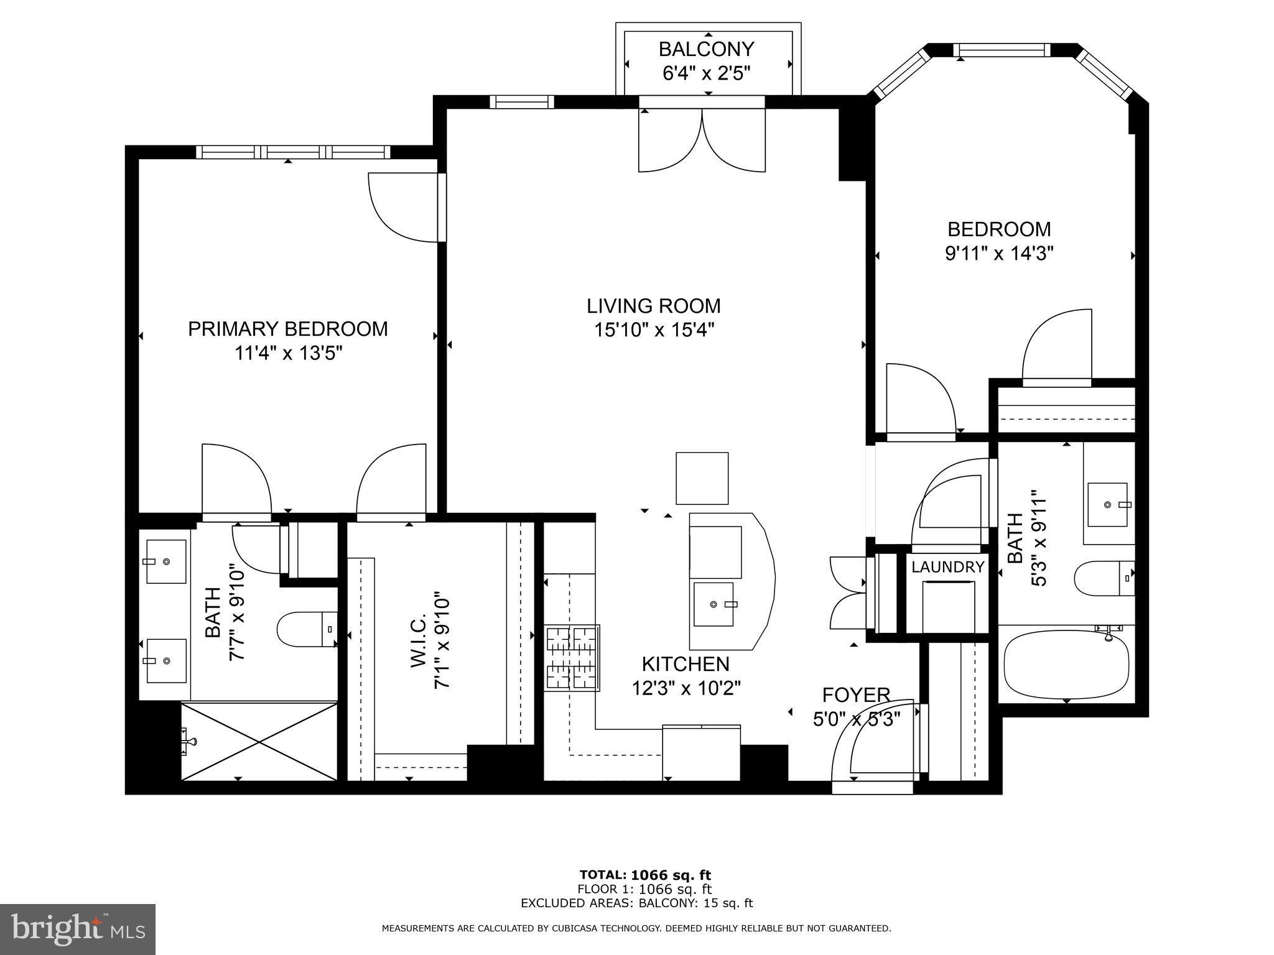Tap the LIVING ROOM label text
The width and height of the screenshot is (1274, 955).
(x=654, y=306)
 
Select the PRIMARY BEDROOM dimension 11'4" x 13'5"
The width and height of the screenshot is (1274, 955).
(x=289, y=353)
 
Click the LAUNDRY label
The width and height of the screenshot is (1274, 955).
(x=948, y=566)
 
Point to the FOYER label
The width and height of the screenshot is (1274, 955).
(x=856, y=694)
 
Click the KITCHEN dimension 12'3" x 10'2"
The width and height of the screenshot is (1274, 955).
(x=686, y=688)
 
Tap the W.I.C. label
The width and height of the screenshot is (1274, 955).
(x=418, y=642)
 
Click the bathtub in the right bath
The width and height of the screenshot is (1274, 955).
(x=1067, y=666)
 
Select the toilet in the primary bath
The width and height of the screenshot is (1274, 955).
(x=307, y=629)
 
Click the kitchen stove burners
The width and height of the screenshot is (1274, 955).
(x=572, y=657)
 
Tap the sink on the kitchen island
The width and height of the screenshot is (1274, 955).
(x=714, y=604)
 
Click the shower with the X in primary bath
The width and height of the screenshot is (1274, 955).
(x=259, y=741)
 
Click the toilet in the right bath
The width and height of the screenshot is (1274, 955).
(x=1105, y=578)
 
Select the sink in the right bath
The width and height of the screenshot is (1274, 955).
(x=1108, y=504)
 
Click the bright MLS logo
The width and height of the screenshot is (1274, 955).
(x=78, y=930)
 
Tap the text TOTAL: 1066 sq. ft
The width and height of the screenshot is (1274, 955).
(x=645, y=875)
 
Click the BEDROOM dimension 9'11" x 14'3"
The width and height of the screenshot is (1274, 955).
(x=999, y=254)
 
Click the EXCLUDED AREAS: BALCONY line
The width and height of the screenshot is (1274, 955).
(x=637, y=903)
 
